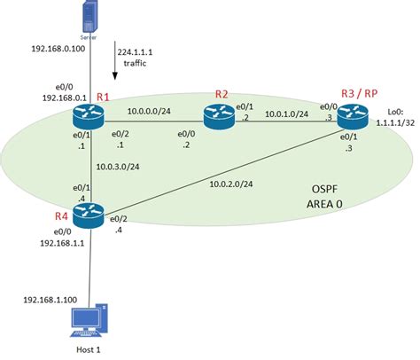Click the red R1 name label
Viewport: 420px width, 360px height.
(103, 96)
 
